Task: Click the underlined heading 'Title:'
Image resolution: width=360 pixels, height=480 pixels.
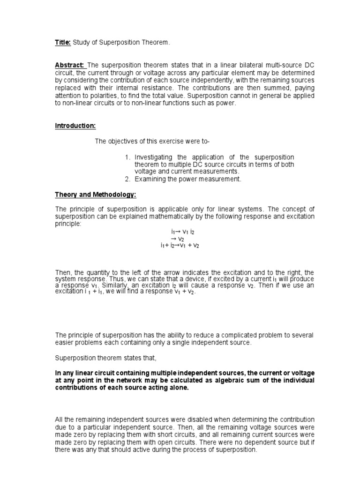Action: pyautogui.click(x=63, y=43)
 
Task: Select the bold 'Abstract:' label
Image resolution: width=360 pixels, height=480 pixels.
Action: pyautogui.click(x=70, y=65)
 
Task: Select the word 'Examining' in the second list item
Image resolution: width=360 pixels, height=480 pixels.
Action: pyautogui.click(x=149, y=179)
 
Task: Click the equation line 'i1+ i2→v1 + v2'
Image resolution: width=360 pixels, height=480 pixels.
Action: pyautogui.click(x=180, y=246)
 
